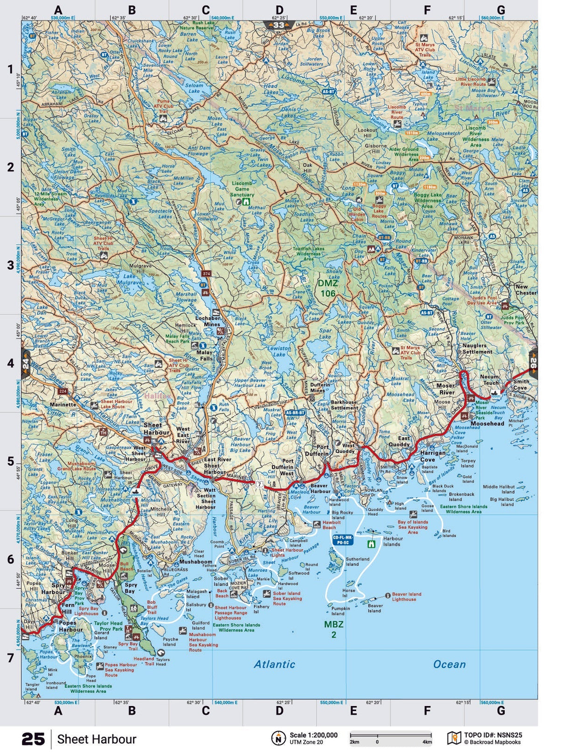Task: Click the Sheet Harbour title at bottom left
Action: (97, 739)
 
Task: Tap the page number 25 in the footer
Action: (33, 739)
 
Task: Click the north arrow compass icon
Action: (278, 738)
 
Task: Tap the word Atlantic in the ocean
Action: (274, 664)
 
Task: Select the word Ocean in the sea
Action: (449, 664)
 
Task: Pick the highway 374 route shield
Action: (206, 274)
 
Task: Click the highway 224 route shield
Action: (62, 391)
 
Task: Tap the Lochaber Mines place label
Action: (208, 321)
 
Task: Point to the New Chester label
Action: (525, 290)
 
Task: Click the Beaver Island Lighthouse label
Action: (407, 596)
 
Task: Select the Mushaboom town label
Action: (195, 562)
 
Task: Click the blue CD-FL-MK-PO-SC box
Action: (343, 540)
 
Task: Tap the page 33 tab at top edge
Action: (279, 25)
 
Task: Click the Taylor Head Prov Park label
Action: (108, 626)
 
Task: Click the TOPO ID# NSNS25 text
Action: (493, 735)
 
